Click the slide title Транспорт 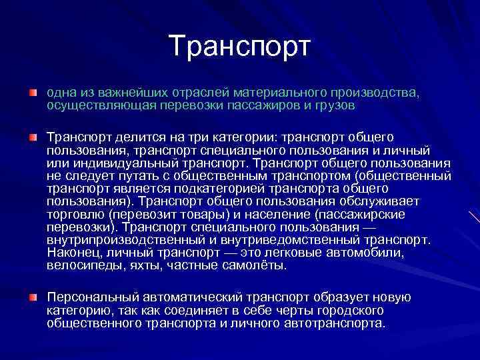(240, 46)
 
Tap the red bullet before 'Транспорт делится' (33, 137)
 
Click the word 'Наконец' (71, 253)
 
